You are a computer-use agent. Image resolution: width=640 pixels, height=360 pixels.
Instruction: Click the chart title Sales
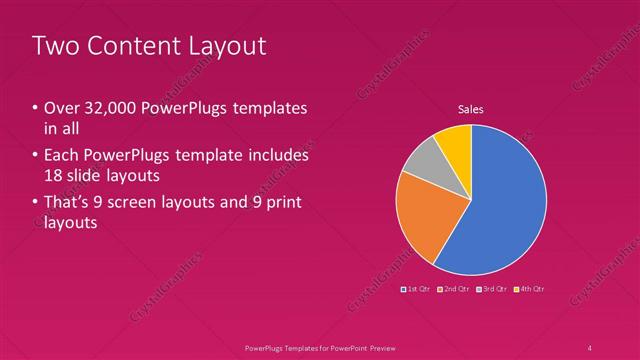[471, 109]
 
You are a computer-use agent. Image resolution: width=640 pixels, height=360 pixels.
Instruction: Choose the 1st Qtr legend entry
[415, 289]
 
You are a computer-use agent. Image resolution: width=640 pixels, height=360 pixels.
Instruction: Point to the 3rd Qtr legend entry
[491, 289]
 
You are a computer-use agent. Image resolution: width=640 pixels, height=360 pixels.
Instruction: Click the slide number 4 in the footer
[590, 347]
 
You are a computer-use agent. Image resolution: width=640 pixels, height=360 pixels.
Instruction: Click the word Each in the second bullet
[62, 156]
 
